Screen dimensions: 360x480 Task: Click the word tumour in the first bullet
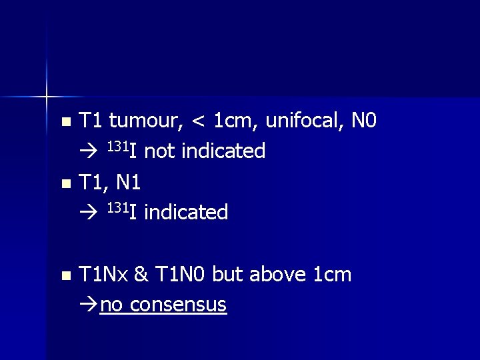(x=145, y=121)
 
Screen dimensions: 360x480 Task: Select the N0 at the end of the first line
(x=363, y=121)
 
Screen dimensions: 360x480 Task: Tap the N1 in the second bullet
(x=132, y=182)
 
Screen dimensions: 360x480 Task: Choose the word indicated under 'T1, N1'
(x=186, y=213)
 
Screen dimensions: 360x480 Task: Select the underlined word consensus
(x=179, y=305)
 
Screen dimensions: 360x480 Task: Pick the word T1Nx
(x=103, y=274)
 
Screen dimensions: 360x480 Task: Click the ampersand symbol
(x=141, y=274)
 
